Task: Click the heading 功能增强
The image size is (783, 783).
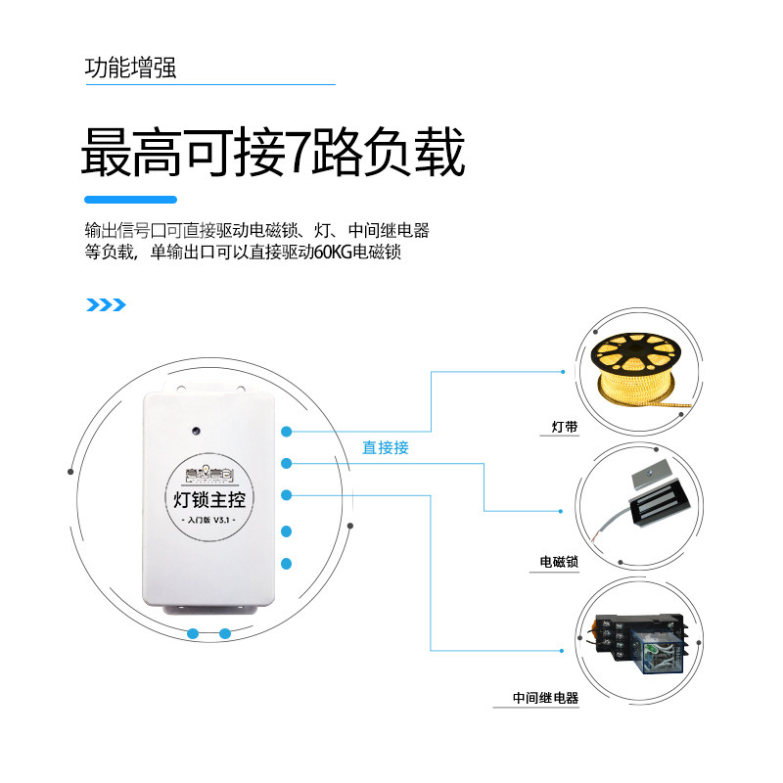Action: (x=130, y=69)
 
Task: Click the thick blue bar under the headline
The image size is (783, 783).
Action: (x=130, y=200)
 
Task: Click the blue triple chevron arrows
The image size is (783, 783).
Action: (x=107, y=304)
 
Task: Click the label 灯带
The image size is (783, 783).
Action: (x=565, y=428)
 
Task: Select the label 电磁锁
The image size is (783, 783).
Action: (x=559, y=562)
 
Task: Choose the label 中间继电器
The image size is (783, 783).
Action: (x=545, y=699)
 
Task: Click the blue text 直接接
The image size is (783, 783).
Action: (x=386, y=447)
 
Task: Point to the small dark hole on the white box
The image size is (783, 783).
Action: (x=197, y=429)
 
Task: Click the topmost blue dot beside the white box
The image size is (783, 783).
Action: (x=287, y=431)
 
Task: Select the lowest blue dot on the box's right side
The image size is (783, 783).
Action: (x=287, y=564)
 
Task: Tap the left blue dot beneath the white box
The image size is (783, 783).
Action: (x=194, y=633)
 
